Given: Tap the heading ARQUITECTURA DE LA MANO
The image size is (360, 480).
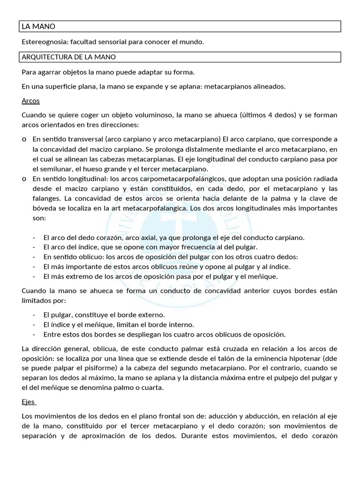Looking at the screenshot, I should (x=69, y=57).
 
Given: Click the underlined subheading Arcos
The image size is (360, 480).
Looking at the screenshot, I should (x=30, y=101).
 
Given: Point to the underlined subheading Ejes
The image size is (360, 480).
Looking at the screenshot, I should (x=29, y=402).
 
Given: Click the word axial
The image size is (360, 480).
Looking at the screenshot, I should (x=139, y=237).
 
